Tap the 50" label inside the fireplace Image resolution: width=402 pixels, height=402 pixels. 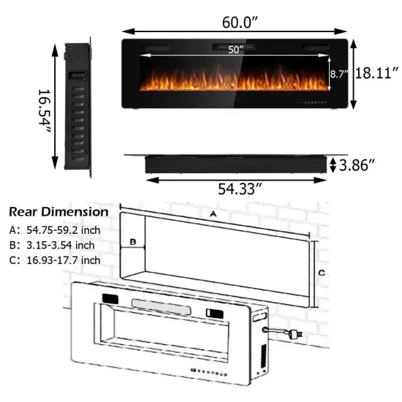click(234, 50)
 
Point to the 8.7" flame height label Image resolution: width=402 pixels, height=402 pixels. click(338, 74)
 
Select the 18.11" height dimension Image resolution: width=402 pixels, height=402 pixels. click(376, 74)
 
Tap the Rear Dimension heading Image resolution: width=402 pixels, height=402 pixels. click(58, 212)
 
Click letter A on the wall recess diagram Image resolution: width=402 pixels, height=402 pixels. click(213, 214)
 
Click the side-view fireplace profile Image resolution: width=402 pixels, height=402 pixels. click(76, 106)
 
